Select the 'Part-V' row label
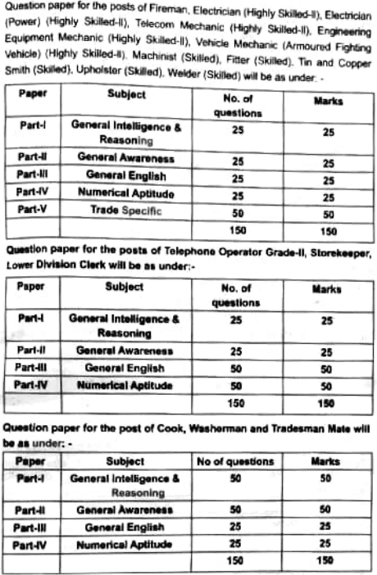point(32,211)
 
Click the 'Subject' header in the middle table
point(124,287)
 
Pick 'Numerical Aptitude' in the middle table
point(125,385)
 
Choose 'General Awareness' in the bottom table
point(125,509)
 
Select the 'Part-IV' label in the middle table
point(34,385)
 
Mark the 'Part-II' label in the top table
point(33,156)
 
